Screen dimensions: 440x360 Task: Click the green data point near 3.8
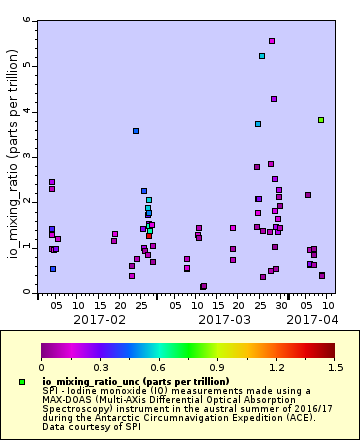tap(321, 120)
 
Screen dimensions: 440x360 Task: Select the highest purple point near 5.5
tap(272, 41)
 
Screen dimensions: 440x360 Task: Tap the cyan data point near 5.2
tap(262, 56)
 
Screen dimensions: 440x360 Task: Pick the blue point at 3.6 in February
tap(136, 131)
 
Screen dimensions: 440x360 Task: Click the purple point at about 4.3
tap(274, 99)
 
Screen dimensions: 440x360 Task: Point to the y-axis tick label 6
tap(27, 21)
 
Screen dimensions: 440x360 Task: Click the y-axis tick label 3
tap(27, 157)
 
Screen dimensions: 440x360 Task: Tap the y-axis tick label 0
tap(27, 292)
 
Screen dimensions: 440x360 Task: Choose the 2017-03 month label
tap(224, 319)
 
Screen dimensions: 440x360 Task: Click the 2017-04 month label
tap(311, 319)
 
